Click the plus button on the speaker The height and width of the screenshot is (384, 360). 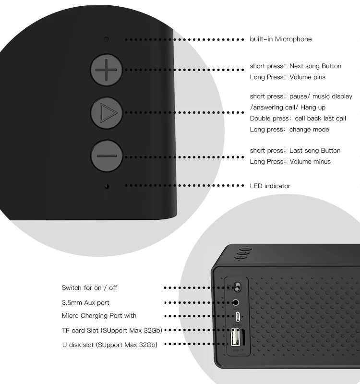pyautogui.click(x=107, y=71)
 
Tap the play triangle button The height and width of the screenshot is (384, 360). pyautogui.click(x=107, y=113)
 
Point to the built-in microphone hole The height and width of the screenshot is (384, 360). pyautogui.click(x=106, y=39)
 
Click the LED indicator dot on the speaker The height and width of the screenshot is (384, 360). pyautogui.click(x=107, y=186)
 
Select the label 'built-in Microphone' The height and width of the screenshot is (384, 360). pyautogui.click(x=280, y=39)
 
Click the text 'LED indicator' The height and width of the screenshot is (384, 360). pyautogui.click(x=270, y=186)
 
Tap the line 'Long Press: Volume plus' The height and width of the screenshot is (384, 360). pyautogui.click(x=288, y=77)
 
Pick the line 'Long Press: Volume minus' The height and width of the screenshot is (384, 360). pyautogui.click(x=290, y=162)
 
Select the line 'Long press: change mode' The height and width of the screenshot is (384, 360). pyautogui.click(x=289, y=130)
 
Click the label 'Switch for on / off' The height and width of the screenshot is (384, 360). pyautogui.click(x=89, y=288)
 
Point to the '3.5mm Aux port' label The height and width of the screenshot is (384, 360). pyautogui.click(x=85, y=303)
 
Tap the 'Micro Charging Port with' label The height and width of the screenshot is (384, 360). pyautogui.click(x=99, y=316)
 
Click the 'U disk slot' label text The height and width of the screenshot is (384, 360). pyautogui.click(x=109, y=344)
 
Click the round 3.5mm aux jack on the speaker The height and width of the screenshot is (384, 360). pyautogui.click(x=236, y=302)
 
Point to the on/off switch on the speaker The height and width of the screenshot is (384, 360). pyautogui.click(x=236, y=288)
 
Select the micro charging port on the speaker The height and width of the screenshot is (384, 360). pyautogui.click(x=237, y=317)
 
